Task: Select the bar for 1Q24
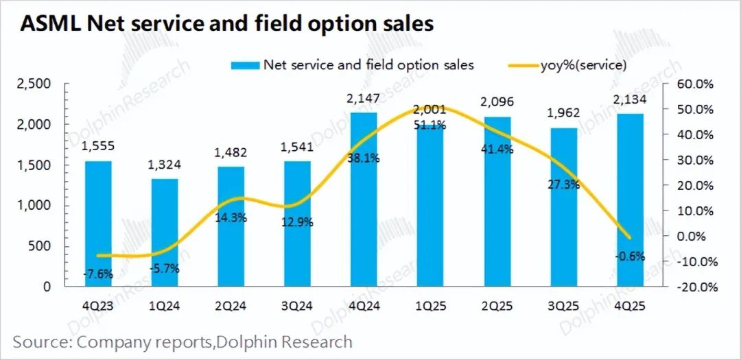click(x=165, y=232)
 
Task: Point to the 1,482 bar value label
click(x=231, y=153)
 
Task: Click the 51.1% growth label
click(x=430, y=125)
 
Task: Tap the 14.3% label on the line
click(x=231, y=218)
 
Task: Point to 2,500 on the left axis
click(x=34, y=84)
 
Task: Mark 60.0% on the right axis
click(x=694, y=84)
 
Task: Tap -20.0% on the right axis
click(x=694, y=287)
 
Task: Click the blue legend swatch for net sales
click(x=244, y=65)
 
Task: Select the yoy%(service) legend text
click(x=583, y=65)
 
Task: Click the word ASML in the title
click(x=50, y=24)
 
